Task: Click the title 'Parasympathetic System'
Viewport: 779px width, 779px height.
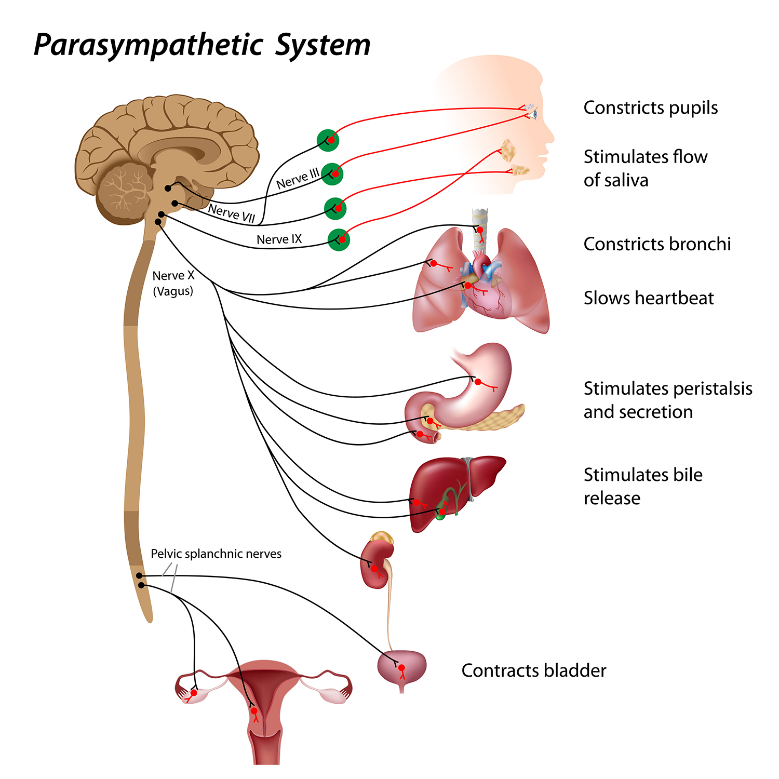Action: pos(202,45)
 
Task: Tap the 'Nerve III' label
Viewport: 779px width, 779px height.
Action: pos(298,179)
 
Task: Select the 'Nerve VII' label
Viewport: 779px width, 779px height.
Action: pos(232,213)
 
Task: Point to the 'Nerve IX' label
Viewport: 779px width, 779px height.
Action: pos(279,239)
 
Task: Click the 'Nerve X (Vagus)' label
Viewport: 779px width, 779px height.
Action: pos(173,283)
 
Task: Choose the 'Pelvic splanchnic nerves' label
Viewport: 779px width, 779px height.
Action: pos(216,554)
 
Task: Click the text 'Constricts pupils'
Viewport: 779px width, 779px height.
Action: pos(650,108)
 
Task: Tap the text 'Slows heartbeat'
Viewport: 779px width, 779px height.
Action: pos(648,298)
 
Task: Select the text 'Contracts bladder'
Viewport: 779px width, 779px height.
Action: pos(533,670)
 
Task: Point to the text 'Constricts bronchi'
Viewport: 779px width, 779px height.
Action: pos(657,244)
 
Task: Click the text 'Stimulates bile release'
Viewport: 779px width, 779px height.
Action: pos(643,486)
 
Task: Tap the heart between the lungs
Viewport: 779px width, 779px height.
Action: pos(486,296)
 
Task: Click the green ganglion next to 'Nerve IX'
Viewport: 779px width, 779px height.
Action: pos(339,239)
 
